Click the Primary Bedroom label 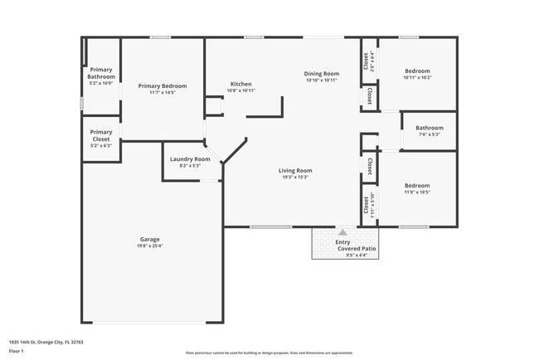tap(162, 86)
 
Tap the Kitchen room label tap(240, 85)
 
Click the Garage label tap(149, 240)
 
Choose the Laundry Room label tap(189, 158)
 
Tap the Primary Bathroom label tap(101, 74)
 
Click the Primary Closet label tap(101, 135)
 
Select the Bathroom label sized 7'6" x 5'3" tap(430, 128)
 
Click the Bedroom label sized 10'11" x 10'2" tap(417, 71)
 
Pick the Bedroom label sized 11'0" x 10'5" tap(417, 186)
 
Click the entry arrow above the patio tap(342, 231)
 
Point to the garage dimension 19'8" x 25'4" tap(149, 246)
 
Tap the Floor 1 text tap(17, 351)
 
